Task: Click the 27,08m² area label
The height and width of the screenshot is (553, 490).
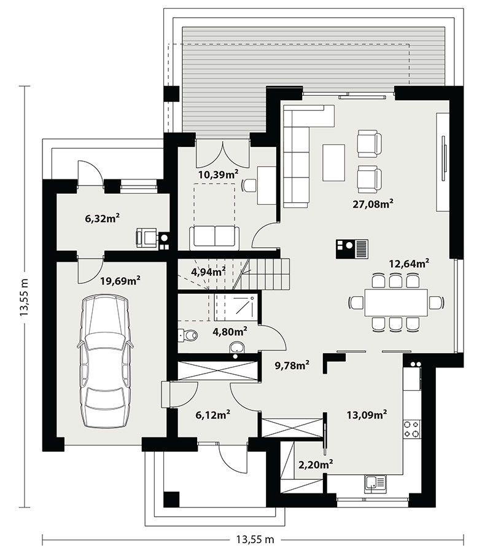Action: pos(373,203)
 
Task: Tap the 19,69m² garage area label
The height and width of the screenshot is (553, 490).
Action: pos(120,280)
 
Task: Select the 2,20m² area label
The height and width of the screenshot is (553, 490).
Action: pos(316,464)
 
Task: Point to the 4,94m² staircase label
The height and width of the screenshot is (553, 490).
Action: pos(208,271)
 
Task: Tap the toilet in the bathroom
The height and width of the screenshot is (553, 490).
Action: pos(188,334)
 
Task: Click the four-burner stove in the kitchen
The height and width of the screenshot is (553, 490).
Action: pos(412,429)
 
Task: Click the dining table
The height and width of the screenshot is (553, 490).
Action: pos(396,302)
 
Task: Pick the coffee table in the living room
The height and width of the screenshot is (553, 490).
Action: pos(333,163)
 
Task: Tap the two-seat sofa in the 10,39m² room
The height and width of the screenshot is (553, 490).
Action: pos(214,237)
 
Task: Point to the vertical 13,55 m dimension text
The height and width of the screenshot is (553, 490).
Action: pos(25,296)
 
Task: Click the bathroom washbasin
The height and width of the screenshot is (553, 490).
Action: pos(237,348)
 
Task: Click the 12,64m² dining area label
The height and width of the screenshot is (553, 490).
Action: pos(409,263)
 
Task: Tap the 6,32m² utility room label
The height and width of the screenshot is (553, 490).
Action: pos(102,218)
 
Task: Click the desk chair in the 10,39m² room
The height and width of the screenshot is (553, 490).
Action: pos(249,185)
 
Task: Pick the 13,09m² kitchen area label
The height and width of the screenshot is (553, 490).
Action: pos(367,414)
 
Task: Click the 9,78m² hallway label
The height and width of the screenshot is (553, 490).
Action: pos(292,366)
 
